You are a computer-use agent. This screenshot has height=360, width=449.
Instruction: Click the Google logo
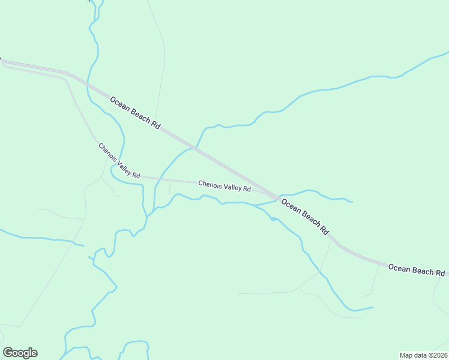[x=20, y=353]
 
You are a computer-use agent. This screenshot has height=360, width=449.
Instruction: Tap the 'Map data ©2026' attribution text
[x=424, y=355]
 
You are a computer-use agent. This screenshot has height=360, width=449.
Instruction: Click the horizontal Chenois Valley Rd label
[x=224, y=187]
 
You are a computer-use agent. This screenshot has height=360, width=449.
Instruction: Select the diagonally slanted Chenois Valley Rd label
[x=119, y=161]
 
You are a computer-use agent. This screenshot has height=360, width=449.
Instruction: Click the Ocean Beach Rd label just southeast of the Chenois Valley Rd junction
[x=305, y=217]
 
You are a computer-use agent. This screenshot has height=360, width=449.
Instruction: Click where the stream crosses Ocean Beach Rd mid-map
[x=196, y=147]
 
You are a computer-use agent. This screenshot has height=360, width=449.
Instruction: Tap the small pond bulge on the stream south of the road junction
[x=274, y=218]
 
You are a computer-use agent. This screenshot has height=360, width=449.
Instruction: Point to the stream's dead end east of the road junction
[x=352, y=202]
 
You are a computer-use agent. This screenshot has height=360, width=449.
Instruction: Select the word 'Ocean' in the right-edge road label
[x=399, y=268]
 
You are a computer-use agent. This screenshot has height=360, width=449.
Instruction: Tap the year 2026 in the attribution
[x=439, y=355]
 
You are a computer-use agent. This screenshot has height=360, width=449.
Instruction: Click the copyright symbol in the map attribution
[x=429, y=355]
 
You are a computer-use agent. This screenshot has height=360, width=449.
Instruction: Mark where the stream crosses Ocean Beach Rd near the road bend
[x=88, y=85]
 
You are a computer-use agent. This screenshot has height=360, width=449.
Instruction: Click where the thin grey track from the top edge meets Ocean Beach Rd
[x=155, y=121]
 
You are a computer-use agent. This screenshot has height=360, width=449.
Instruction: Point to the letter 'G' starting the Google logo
[x=8, y=353]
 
